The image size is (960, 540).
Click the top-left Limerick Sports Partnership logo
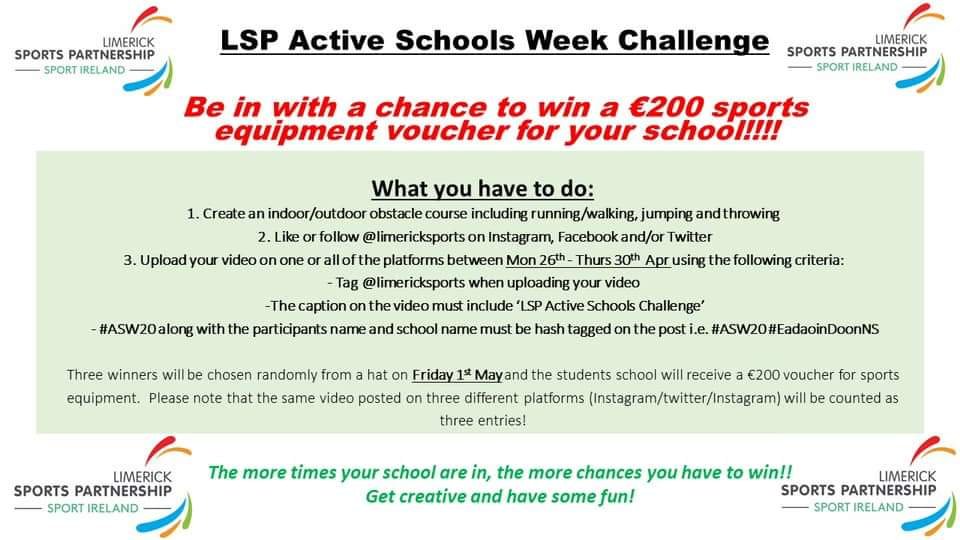[x=93, y=51]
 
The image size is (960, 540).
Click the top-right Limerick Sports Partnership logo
[x=866, y=48]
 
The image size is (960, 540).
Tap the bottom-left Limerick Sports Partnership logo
[x=102, y=487]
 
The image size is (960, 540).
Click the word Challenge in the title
[x=693, y=40]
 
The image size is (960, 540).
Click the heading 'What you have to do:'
[x=482, y=189]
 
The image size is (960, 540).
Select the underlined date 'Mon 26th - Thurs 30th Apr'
[x=588, y=260]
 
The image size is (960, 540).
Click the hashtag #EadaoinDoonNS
[x=823, y=329]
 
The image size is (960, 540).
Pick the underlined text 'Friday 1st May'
[x=457, y=374]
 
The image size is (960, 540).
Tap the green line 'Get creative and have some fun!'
[x=500, y=496]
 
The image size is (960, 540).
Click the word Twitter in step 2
[x=689, y=237]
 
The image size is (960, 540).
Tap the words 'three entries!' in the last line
[x=482, y=421]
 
